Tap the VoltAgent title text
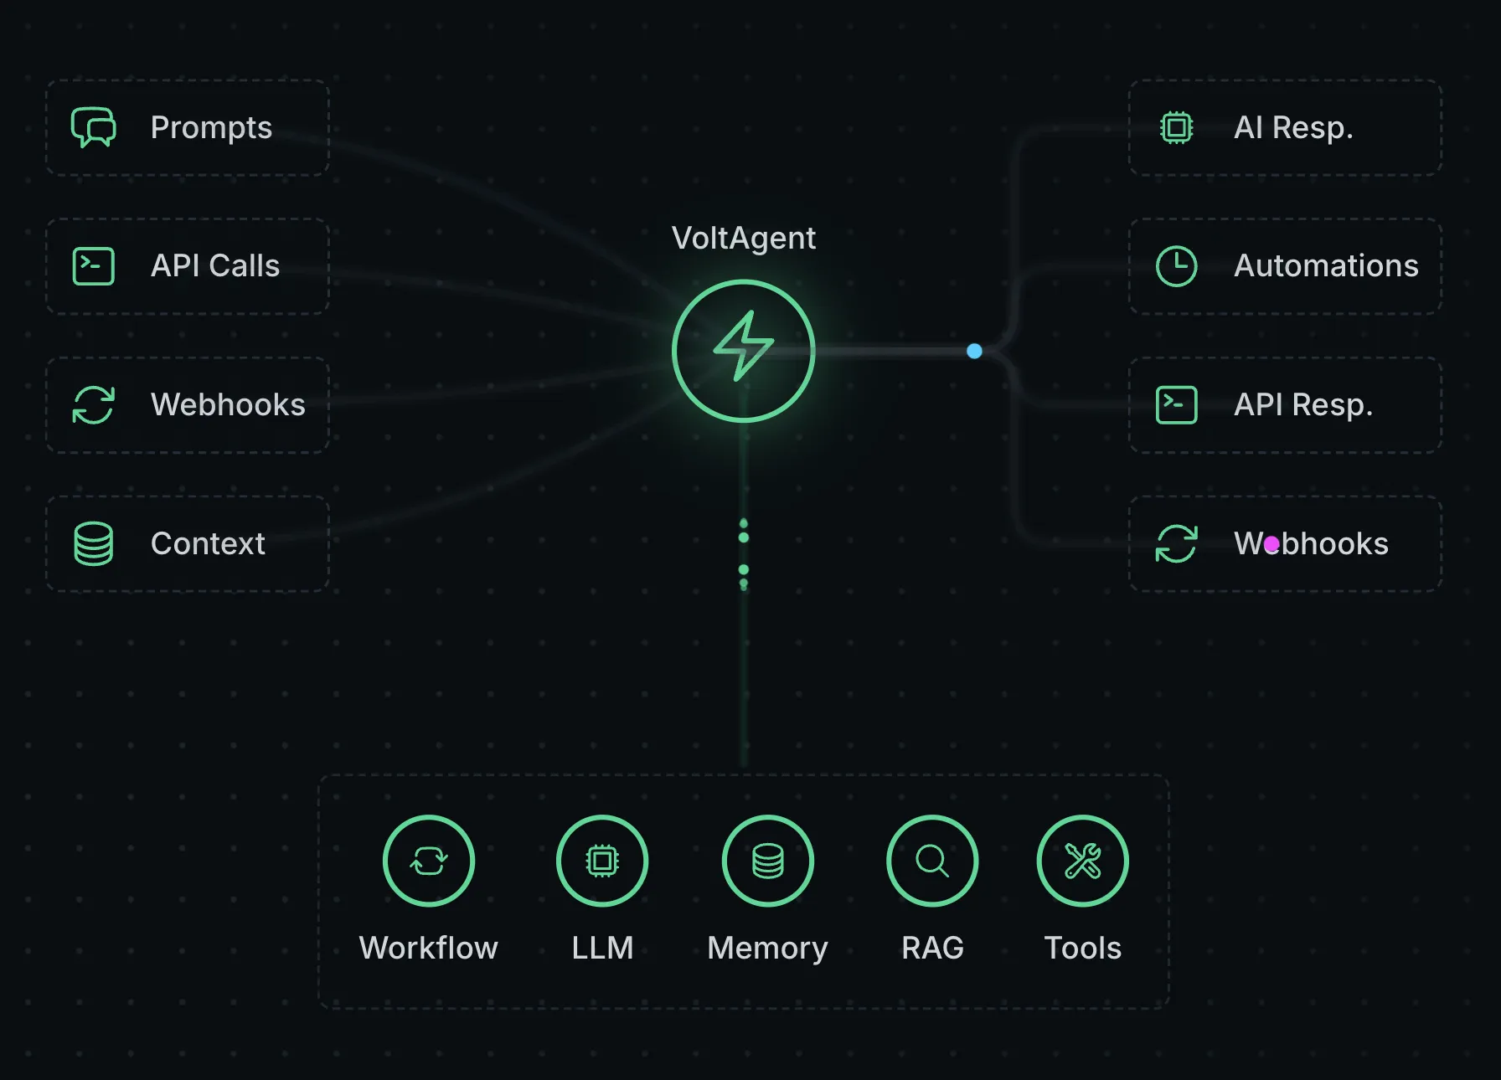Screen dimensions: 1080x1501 pos(743,239)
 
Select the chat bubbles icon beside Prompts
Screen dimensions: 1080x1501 pos(93,127)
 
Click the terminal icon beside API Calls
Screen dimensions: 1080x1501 pos(93,266)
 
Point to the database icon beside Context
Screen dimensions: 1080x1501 pos(93,543)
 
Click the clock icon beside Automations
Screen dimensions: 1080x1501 pos(1176,266)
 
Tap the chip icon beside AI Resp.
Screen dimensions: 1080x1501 pos(1176,127)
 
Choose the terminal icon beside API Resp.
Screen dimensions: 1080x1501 pos(1176,405)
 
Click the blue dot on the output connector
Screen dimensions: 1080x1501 pos(974,351)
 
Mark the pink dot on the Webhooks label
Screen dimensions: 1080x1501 pos(1271,544)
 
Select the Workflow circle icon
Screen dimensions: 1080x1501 pos(428,861)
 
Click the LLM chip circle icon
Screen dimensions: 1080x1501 pos(602,861)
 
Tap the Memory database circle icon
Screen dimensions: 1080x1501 pos(767,861)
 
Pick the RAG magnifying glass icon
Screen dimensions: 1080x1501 pos(932,861)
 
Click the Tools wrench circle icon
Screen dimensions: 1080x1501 pos(1082,861)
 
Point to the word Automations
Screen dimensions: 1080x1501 pos(1326,266)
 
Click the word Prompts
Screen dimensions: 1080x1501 pos(211,128)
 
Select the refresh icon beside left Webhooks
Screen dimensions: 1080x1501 pos(93,405)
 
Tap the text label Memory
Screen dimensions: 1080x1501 pos(767,949)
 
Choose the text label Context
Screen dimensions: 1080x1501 pos(208,544)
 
